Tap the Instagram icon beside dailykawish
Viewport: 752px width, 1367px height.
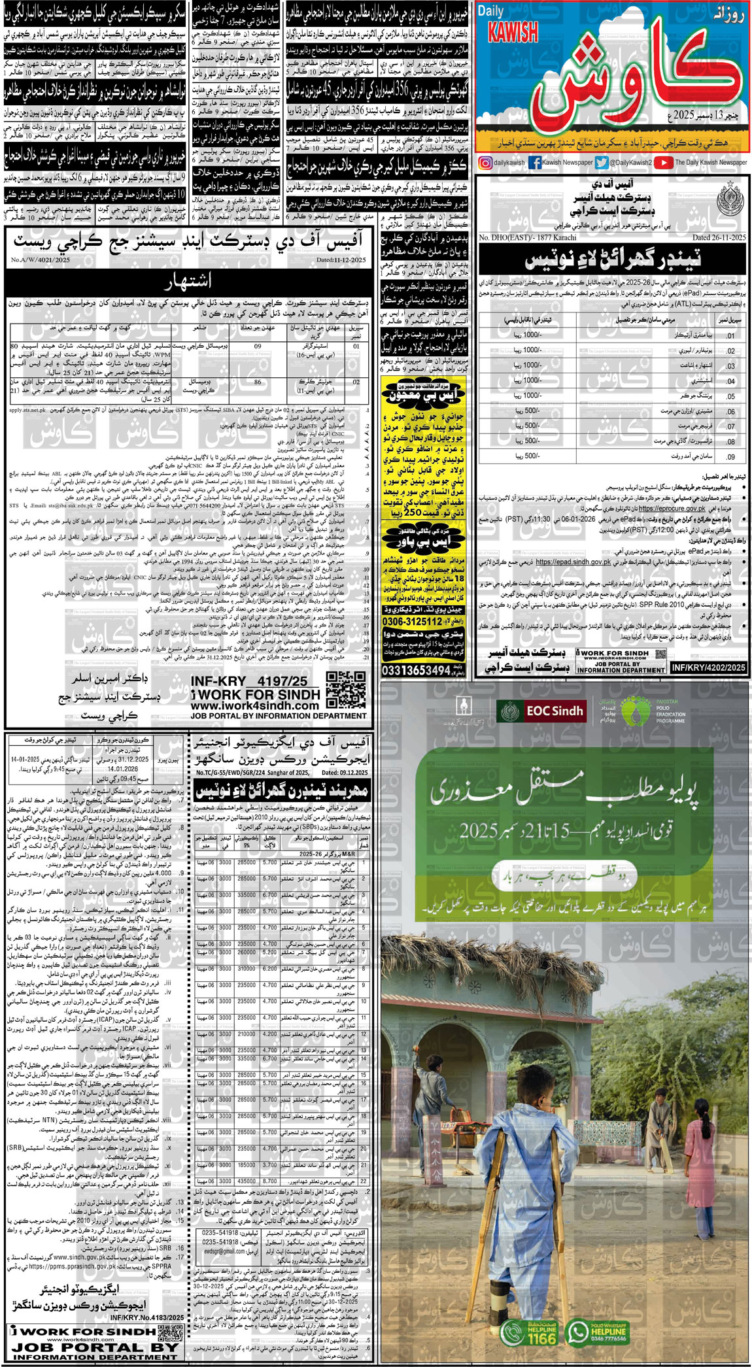485,163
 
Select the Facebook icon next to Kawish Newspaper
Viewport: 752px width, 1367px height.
535,163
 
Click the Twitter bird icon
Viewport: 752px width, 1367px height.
602,163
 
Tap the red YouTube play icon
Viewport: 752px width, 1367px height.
662,163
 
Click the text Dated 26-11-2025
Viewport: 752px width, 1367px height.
719,238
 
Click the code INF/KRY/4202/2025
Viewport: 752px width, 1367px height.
708,667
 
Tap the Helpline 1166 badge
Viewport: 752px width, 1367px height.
528,1332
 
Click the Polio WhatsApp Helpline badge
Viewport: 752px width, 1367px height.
596,1332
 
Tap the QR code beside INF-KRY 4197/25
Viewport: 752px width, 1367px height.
346,689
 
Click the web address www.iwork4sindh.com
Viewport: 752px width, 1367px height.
254,706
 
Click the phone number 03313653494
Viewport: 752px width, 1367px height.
416,671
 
